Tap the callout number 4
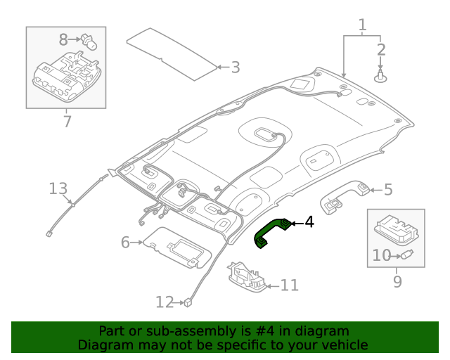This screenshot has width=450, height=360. point(309,223)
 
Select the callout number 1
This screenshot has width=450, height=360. point(362,26)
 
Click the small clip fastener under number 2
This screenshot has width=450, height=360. point(380,75)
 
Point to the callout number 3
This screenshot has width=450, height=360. point(235,67)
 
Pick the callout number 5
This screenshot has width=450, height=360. point(387,189)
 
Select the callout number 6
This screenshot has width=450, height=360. point(126,243)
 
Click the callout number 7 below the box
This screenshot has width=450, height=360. point(67,122)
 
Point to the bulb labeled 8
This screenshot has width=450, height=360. point(87,41)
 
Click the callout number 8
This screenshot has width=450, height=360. point(63,40)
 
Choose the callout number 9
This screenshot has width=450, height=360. point(397,282)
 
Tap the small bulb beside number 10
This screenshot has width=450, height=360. point(406,255)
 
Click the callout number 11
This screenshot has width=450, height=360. point(289,285)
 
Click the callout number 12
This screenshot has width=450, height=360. point(164,302)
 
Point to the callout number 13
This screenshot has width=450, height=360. point(58,188)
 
